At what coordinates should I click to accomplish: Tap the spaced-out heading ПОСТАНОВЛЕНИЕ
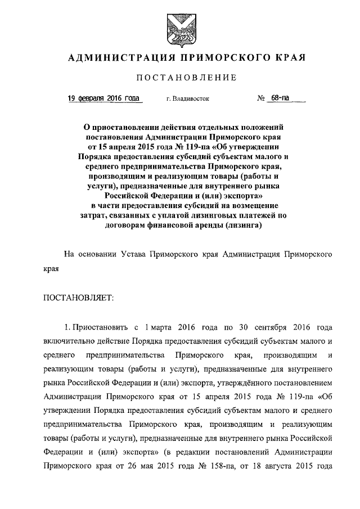pyautogui.click(x=179, y=77)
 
